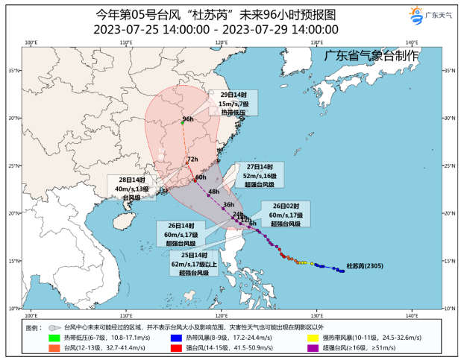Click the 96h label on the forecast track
(188, 119)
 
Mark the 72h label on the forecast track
(192, 160)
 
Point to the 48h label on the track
(213, 192)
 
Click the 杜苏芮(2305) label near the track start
(365, 266)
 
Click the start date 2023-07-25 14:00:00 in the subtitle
(151, 30)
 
